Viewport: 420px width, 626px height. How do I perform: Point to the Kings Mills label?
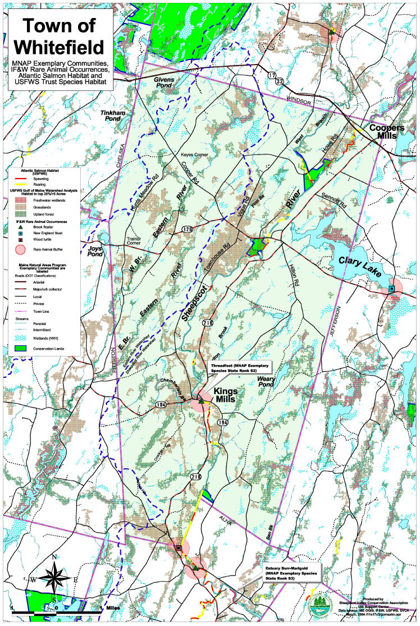[227, 394]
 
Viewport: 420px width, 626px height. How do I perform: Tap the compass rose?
[53, 577]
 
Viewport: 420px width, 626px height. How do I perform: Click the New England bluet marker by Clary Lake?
[391, 289]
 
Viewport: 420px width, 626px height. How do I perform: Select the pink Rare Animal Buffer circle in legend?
[21, 249]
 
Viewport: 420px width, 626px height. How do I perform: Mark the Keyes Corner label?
[194, 155]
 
